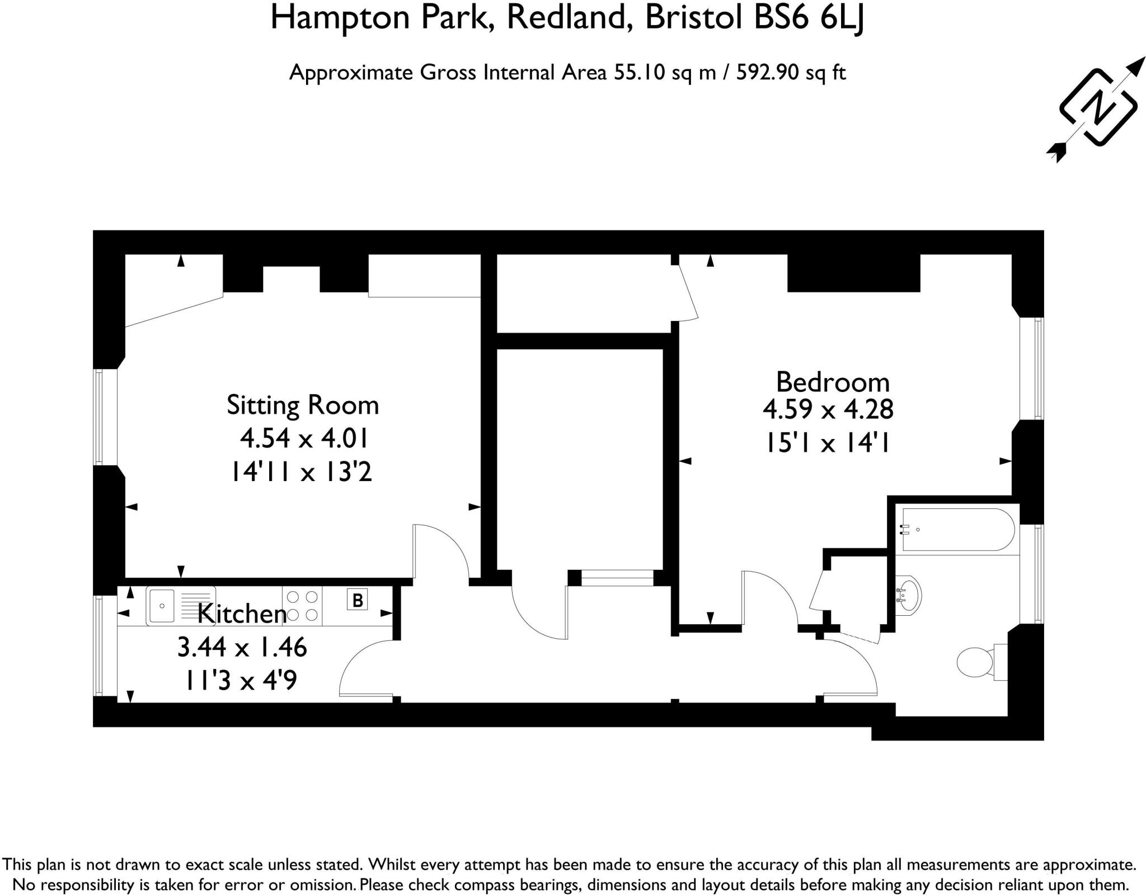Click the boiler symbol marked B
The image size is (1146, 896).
pyautogui.click(x=357, y=600)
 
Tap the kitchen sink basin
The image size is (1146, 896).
pyautogui.click(x=161, y=606)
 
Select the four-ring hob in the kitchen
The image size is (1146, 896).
pyautogui.click(x=302, y=606)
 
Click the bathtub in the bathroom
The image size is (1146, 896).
pyautogui.click(x=956, y=530)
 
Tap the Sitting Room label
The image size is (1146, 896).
pyautogui.click(x=303, y=405)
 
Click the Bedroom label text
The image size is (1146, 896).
pyautogui.click(x=833, y=383)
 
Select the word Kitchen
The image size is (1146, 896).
pyautogui.click(x=242, y=614)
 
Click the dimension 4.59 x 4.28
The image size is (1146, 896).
pyautogui.click(x=828, y=410)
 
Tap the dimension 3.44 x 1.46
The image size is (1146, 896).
pyautogui.click(x=242, y=647)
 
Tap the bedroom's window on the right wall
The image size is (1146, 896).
pyautogui.click(x=1031, y=369)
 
